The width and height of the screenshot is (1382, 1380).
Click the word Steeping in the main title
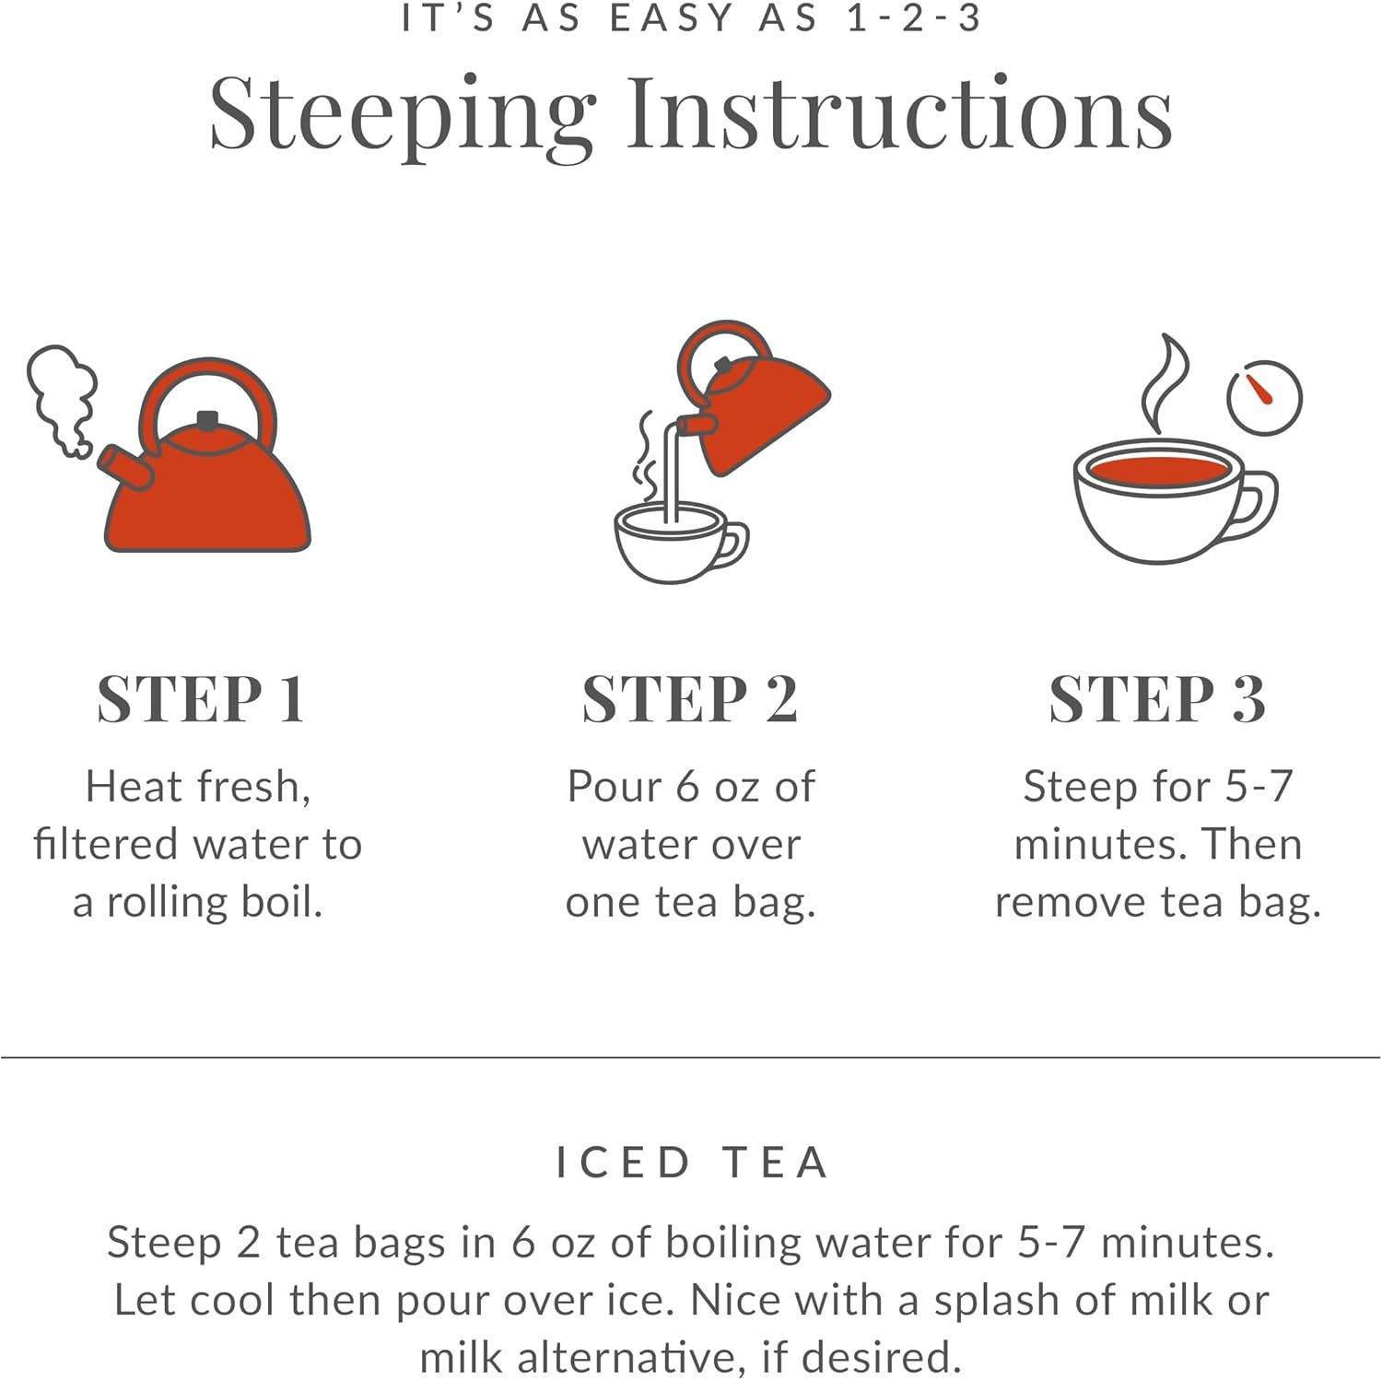click(x=402, y=114)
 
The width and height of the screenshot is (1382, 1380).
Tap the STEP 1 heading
click(x=201, y=699)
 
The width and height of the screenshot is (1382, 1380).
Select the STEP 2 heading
click(x=690, y=699)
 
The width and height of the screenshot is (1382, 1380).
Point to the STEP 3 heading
click(x=1157, y=699)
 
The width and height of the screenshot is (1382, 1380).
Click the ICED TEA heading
click(x=692, y=1163)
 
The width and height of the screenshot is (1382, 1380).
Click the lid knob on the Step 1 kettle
click(x=208, y=420)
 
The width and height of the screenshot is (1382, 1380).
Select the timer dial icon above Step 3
click(x=1264, y=398)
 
